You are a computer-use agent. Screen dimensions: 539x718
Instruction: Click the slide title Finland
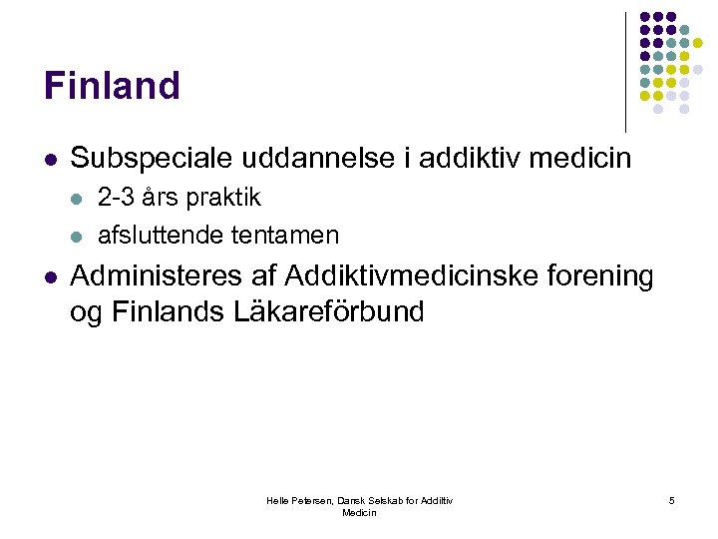112,86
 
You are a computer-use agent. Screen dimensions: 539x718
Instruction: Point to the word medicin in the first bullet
586,159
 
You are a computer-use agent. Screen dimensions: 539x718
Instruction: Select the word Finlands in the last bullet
169,312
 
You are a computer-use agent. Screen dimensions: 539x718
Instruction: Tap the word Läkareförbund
328,312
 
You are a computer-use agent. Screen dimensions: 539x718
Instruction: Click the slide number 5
672,500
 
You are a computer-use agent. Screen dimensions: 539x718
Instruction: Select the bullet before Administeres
49,275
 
